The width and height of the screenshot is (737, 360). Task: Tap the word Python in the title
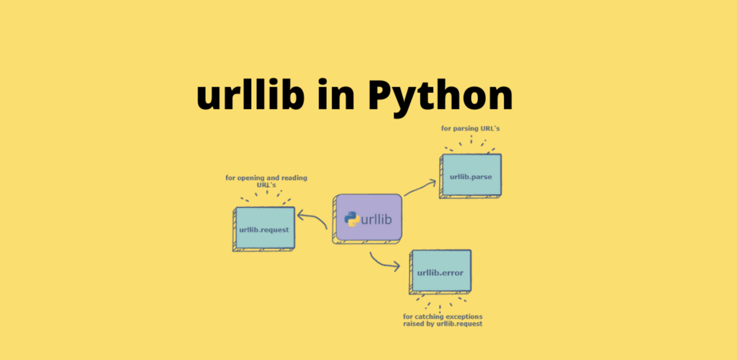(x=440, y=96)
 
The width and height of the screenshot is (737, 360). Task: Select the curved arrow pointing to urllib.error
(x=383, y=262)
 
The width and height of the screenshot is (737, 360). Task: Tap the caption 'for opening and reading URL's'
(x=267, y=181)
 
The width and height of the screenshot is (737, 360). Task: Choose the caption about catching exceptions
(x=442, y=320)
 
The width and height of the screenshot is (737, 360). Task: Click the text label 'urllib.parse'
(x=470, y=177)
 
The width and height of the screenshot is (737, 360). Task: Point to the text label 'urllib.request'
(x=263, y=230)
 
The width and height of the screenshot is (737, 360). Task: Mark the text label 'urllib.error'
(x=440, y=272)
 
